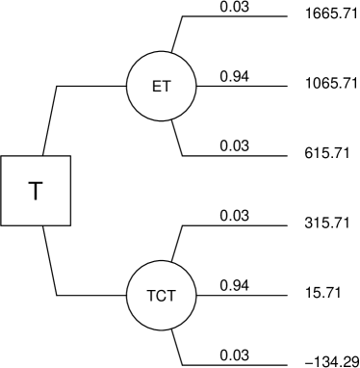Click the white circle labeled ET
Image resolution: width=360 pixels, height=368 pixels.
162,86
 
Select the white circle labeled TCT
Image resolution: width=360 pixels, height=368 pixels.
162,295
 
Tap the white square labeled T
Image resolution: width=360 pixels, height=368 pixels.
36,191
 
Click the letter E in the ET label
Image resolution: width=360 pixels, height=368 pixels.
157,87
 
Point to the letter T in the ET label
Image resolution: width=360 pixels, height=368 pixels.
167,87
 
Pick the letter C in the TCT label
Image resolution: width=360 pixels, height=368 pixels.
162,296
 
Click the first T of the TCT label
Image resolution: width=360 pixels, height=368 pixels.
151,296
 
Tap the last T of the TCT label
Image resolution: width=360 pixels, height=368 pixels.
171,296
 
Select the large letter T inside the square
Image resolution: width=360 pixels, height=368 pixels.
36,191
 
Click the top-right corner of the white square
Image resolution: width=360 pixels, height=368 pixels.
69,157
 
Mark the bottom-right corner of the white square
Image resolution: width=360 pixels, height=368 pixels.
69,223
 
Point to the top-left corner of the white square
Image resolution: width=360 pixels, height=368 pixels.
2,157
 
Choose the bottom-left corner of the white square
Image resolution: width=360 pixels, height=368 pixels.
2,223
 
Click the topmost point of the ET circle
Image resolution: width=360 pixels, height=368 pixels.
162,52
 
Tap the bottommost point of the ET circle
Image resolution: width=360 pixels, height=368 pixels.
162,120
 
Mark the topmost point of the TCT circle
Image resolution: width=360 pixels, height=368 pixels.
162,261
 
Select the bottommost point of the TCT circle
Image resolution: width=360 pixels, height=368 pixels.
162,329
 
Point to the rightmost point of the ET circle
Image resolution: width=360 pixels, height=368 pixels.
195,86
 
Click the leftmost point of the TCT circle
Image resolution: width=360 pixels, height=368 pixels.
128,295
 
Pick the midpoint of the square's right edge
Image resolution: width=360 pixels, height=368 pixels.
69,191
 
